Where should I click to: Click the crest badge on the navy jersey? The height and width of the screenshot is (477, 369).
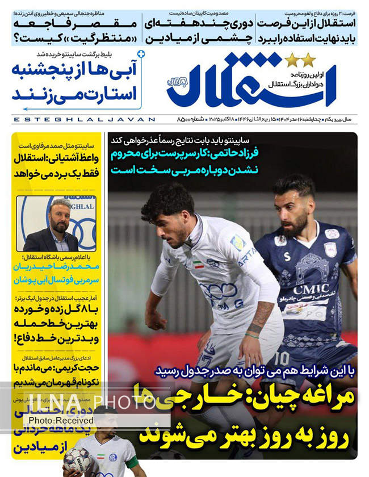click(330, 249)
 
